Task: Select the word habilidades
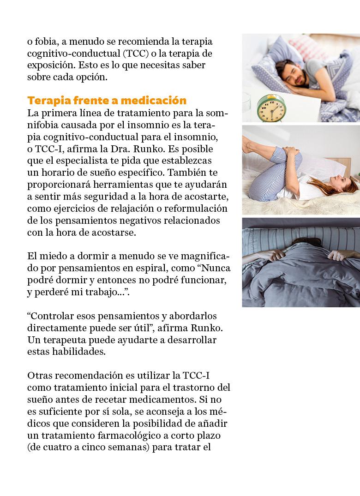[80, 352]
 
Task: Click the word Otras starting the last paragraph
[41, 376]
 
